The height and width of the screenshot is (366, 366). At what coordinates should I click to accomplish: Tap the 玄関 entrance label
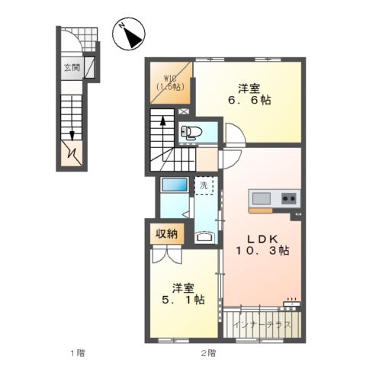coord(70,67)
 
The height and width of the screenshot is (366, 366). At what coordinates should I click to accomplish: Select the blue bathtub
coord(175,185)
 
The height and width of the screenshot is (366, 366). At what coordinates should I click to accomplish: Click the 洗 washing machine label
coord(204,185)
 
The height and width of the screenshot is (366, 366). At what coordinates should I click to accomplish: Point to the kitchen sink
coord(261,199)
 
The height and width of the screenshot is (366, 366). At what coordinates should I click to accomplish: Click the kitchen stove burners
coord(289,199)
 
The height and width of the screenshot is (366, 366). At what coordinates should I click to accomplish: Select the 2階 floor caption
coord(208,352)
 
